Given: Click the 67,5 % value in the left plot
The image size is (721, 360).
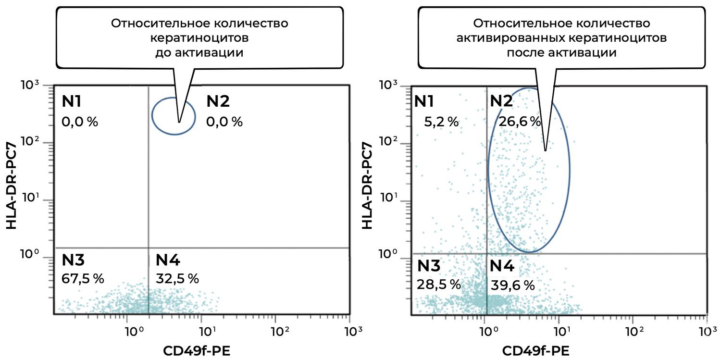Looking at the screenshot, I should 83,278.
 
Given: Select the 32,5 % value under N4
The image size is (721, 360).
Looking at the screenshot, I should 177,278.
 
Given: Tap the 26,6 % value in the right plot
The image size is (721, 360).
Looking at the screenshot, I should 520,121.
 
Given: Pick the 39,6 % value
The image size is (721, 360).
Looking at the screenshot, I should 513,285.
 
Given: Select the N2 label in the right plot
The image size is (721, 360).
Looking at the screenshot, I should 501,100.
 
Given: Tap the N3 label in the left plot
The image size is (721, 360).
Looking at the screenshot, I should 74,261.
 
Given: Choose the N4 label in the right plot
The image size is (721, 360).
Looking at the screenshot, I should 502,265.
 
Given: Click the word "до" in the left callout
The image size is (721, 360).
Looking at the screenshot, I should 165,52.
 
